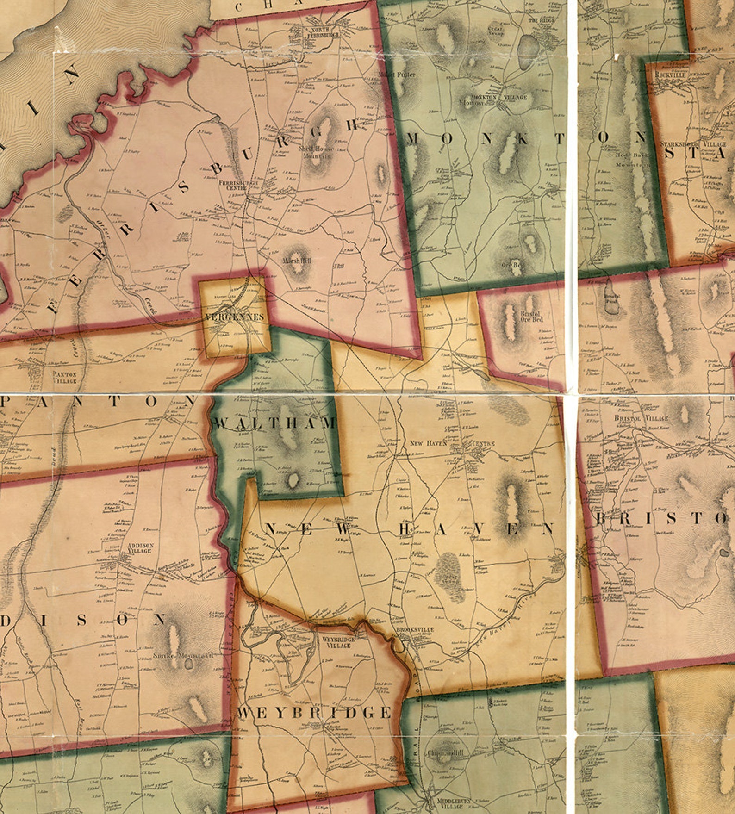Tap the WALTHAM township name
pos(275,423)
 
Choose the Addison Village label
pos(139,548)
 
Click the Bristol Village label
pos(641,418)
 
